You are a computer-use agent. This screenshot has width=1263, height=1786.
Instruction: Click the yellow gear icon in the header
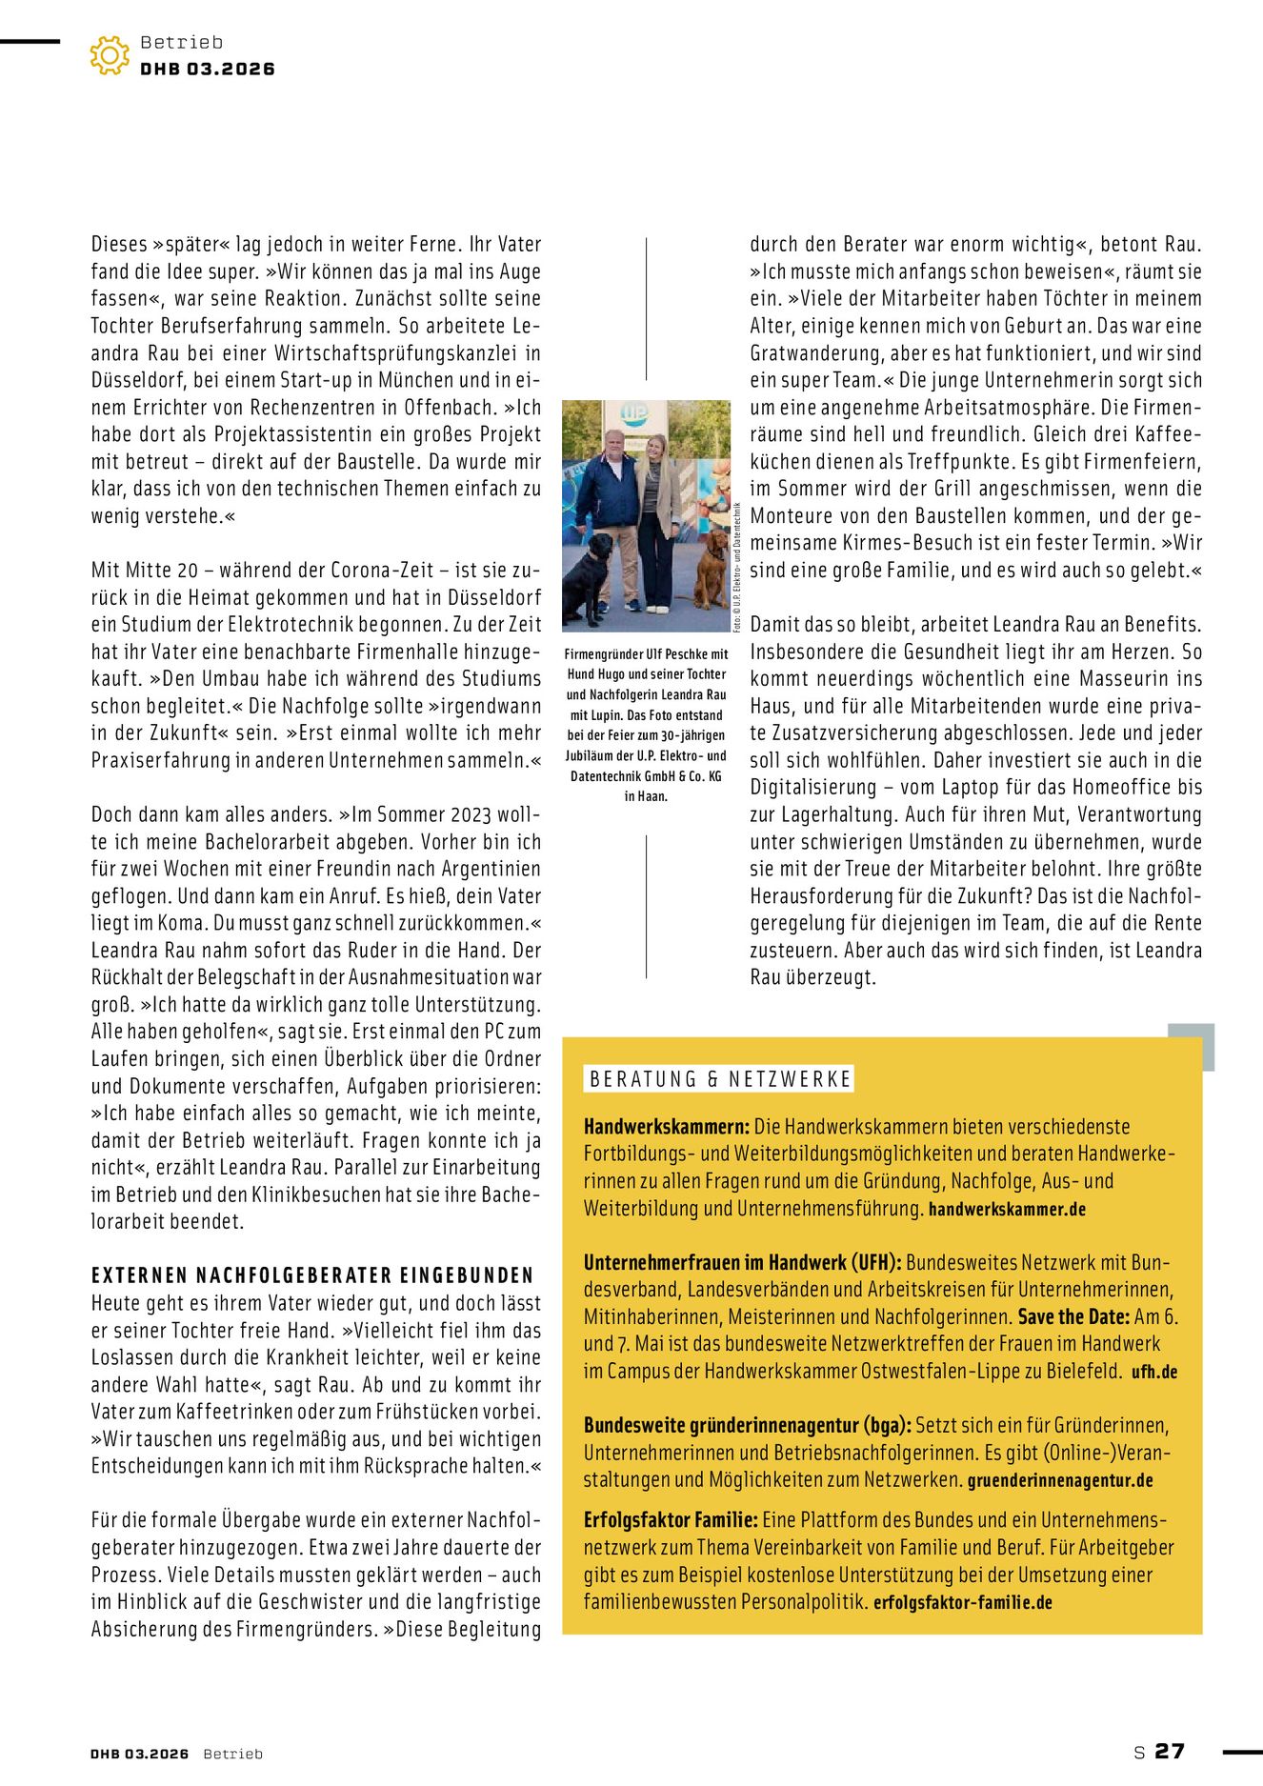click(x=110, y=55)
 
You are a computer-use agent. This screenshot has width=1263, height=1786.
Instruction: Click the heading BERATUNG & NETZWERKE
click(x=719, y=1079)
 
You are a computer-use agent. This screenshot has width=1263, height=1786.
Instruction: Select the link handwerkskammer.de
click(x=1007, y=1210)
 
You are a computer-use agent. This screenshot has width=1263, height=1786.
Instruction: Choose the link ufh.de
click(x=1154, y=1373)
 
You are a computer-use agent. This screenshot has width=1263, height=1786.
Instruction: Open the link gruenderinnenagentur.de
click(x=1060, y=1481)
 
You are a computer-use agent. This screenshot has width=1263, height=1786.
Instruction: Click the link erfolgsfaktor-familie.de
click(x=962, y=1603)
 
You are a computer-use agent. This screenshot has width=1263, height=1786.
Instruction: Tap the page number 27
click(x=1170, y=1751)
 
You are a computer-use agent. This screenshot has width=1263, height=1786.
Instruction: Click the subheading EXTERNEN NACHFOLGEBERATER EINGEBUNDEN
click(x=312, y=1275)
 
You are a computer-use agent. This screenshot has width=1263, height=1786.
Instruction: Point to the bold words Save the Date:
click(x=1073, y=1317)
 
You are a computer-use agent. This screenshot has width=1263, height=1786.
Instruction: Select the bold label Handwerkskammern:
click(x=667, y=1127)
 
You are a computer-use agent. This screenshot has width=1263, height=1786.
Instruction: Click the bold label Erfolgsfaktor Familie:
click(x=671, y=1520)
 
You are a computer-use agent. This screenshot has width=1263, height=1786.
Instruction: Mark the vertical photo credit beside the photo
click(x=737, y=567)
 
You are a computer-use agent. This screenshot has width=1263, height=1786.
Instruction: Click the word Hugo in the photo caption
click(x=607, y=674)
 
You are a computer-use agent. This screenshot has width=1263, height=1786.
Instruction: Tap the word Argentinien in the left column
click(x=488, y=869)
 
